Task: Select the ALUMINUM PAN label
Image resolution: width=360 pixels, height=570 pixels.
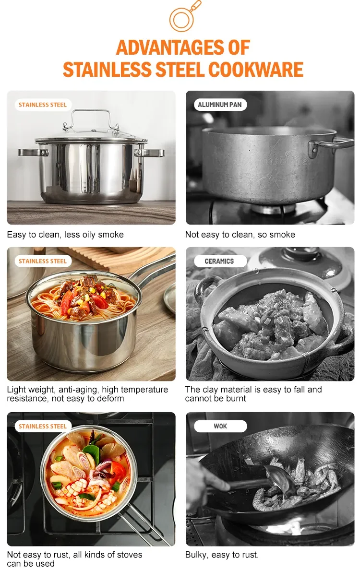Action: coord(220,105)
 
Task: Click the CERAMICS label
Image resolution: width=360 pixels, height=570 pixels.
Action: coord(219,261)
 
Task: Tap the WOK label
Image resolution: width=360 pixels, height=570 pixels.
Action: coord(220,426)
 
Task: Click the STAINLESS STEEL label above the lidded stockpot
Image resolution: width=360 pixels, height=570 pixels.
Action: coord(43,105)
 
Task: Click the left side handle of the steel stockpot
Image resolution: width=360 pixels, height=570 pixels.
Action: coord(31,153)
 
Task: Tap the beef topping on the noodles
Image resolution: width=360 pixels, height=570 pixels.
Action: coord(86,293)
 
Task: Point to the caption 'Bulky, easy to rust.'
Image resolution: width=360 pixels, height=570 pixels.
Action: coord(222,555)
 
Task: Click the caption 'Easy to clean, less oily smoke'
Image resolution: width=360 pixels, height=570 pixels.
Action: coord(65,235)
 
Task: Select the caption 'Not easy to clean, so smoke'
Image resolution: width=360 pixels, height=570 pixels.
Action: coord(240,235)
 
